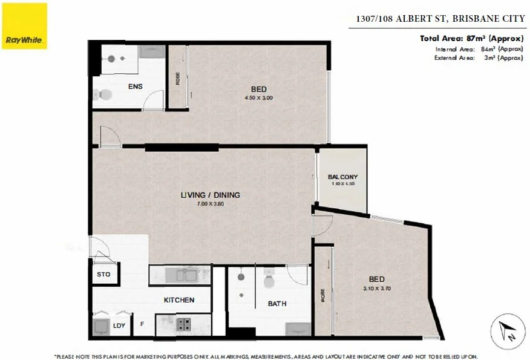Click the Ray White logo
[x=25, y=26]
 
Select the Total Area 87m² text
[x=471, y=39]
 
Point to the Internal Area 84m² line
[x=479, y=49]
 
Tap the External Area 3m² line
[x=479, y=58]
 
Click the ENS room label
[x=135, y=87]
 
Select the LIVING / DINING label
[x=210, y=195]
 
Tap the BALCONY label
[x=342, y=177]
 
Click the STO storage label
[x=103, y=275]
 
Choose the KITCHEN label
[x=179, y=300]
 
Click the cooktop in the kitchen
[x=182, y=325]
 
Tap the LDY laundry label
[x=119, y=326]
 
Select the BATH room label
[x=277, y=304]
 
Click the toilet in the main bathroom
[x=269, y=281]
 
